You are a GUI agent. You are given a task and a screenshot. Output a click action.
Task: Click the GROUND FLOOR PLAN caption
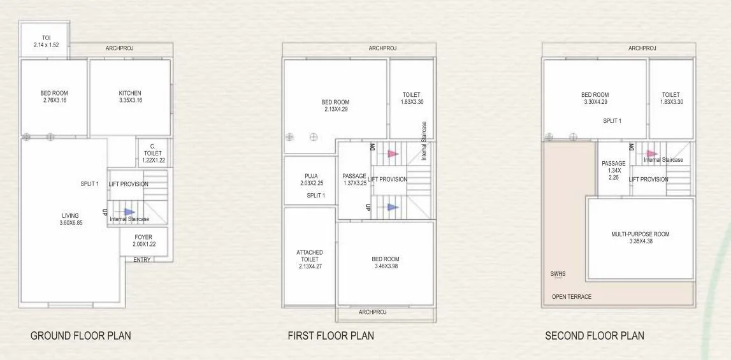point(81,335)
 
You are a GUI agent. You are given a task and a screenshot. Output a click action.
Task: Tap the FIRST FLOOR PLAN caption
point(331,335)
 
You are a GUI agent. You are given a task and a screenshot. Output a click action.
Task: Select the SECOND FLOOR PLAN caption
point(595,335)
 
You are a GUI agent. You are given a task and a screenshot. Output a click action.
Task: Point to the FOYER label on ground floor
point(143,237)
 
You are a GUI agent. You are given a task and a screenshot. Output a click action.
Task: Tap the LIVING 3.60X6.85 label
point(70,220)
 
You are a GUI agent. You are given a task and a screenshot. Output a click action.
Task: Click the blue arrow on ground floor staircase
point(129,212)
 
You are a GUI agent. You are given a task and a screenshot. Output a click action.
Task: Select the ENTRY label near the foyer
point(142,259)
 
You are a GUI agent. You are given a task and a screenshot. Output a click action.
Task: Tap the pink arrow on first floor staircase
point(393,154)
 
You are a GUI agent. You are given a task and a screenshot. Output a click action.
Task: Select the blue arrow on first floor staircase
point(393,206)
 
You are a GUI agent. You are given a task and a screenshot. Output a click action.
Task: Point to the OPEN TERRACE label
point(572,296)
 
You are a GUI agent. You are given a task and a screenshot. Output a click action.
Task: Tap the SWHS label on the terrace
point(558,274)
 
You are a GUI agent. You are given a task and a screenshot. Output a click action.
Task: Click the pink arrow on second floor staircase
point(651,154)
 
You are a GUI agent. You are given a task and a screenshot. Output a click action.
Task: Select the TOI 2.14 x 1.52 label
point(46,41)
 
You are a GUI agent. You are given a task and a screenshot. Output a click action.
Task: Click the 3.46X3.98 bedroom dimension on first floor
point(386,266)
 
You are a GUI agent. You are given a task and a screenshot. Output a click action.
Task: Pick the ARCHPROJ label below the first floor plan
point(373,312)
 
